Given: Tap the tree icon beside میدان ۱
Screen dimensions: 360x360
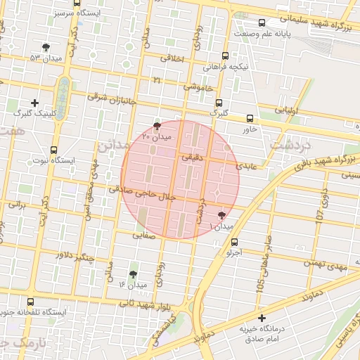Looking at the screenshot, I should (223, 216).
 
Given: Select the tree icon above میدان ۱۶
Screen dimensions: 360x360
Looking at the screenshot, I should (134, 274).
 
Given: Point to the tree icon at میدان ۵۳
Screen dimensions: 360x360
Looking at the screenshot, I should (46, 47).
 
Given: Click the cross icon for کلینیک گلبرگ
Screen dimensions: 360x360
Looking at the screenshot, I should (34, 103).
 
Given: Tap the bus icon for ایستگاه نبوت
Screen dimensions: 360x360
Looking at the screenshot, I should (54, 150).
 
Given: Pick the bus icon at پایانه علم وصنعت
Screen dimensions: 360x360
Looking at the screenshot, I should (262, 23).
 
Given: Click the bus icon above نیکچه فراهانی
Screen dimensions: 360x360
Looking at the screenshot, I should (225, 56).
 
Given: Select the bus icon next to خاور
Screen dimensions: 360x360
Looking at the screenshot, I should (250, 118).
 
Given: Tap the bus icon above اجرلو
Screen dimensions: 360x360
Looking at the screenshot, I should (234, 243).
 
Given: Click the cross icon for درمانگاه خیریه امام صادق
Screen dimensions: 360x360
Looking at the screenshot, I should (262, 319).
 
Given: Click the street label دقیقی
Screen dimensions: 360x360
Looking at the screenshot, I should (192, 159).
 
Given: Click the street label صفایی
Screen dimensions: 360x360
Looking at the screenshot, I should (144, 235).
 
